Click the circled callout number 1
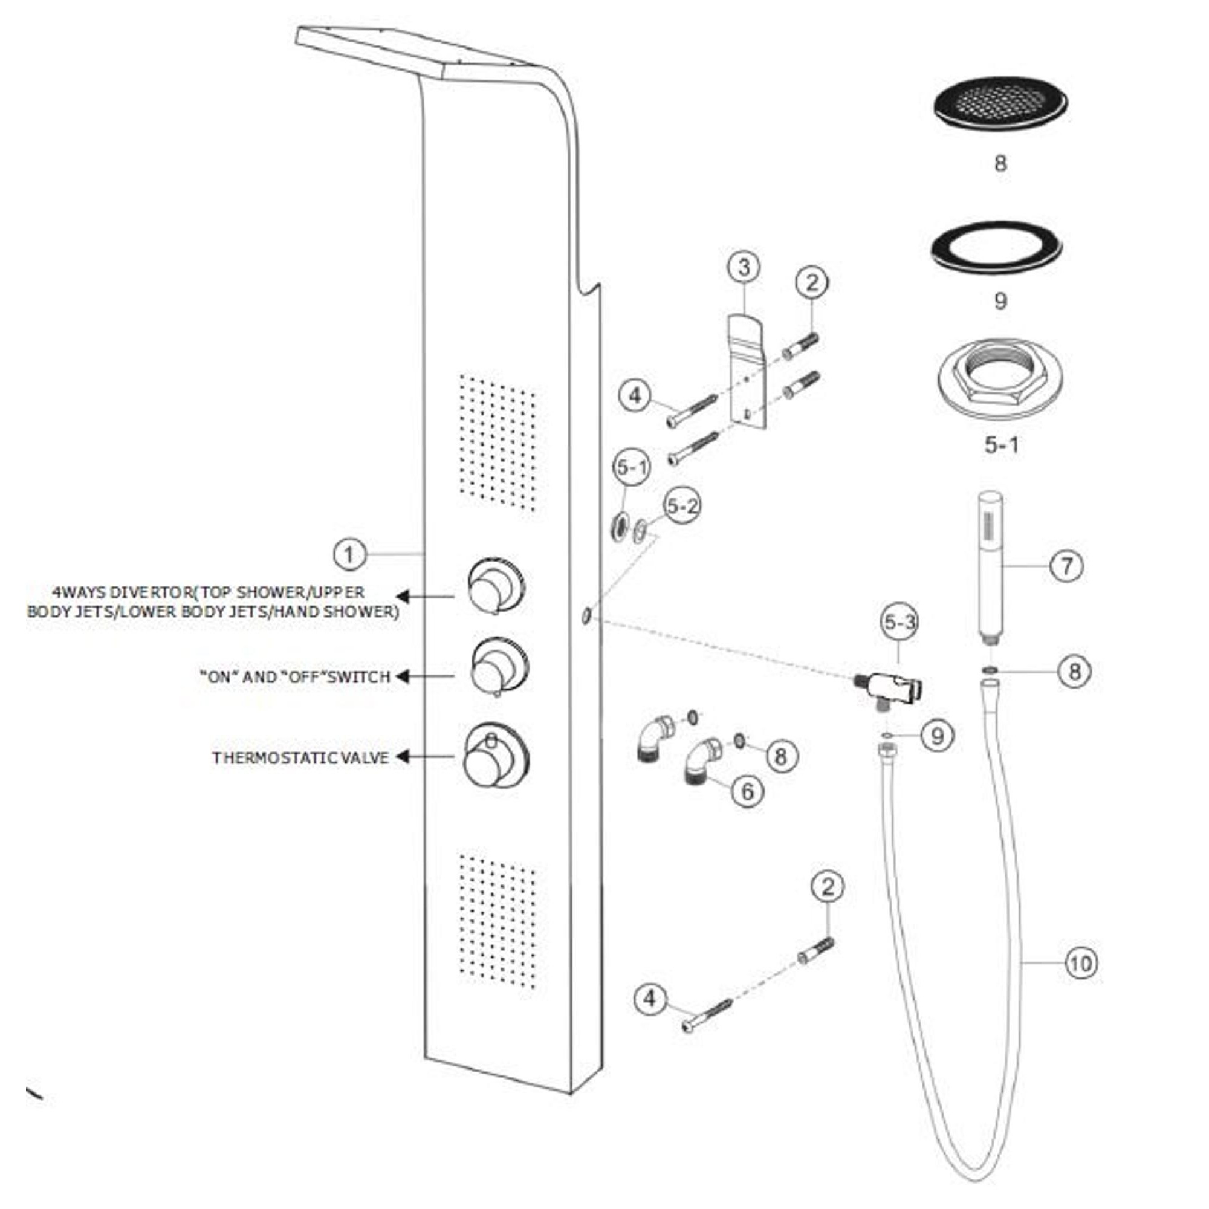click(x=349, y=554)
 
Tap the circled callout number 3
click(x=744, y=268)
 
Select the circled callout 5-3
click(x=900, y=622)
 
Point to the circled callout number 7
click(x=1066, y=566)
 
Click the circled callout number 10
click(x=1081, y=963)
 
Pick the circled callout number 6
click(x=748, y=792)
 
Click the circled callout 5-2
click(x=682, y=505)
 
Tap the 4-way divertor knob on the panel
click(x=496, y=586)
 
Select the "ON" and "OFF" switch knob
click(x=499, y=668)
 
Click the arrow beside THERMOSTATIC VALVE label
click(x=404, y=757)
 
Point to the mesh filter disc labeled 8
click(x=1000, y=104)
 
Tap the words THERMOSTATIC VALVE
click(x=300, y=758)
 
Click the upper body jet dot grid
click(x=497, y=443)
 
